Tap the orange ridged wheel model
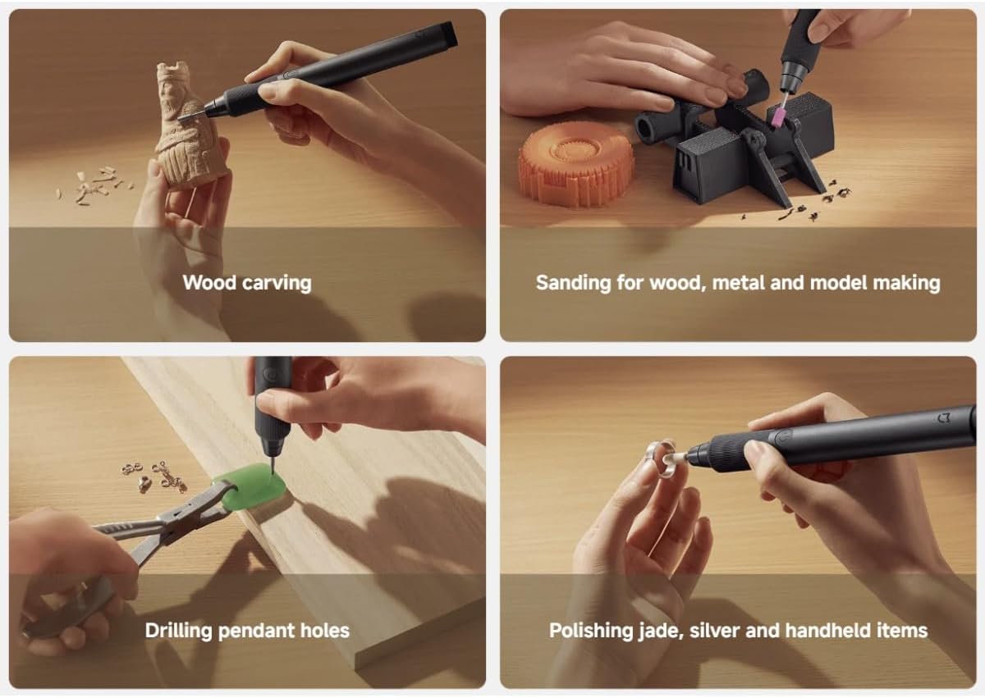click(x=576, y=163)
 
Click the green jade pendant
click(x=250, y=486)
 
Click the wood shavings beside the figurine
click(x=94, y=185)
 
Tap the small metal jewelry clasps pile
click(x=154, y=477)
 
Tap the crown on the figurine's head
click(x=174, y=71)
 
